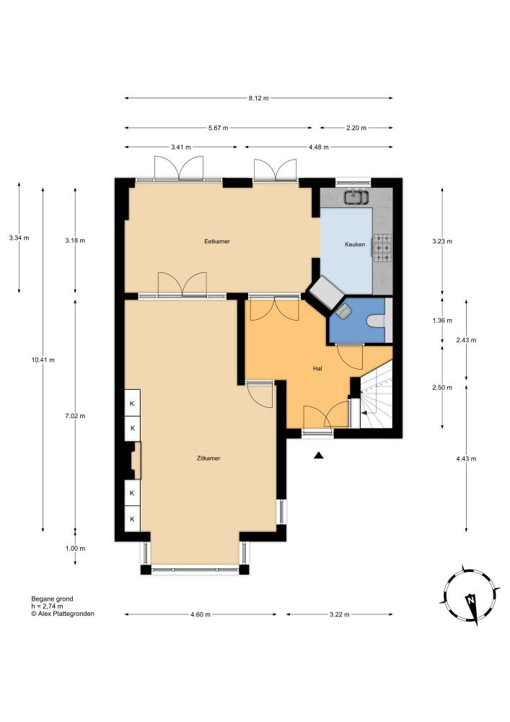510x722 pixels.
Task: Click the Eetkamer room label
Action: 217,241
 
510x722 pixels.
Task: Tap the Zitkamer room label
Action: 208,458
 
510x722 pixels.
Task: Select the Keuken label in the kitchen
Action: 355,245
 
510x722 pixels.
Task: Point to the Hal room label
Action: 317,368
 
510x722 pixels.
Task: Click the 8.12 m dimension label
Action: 258,98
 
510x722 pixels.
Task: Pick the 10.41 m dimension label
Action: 43,360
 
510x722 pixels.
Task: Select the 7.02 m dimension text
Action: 76,416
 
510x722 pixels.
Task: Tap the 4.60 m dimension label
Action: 201,614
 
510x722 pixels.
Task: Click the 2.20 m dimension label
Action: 356,128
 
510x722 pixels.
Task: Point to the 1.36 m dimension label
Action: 442,321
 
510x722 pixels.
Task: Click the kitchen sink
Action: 356,197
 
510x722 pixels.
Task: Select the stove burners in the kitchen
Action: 382,248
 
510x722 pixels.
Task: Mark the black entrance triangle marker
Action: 319,456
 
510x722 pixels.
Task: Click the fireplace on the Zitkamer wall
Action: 134,460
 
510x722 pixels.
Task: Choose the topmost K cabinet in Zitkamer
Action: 133,404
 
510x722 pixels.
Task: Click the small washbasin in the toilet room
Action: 343,310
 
